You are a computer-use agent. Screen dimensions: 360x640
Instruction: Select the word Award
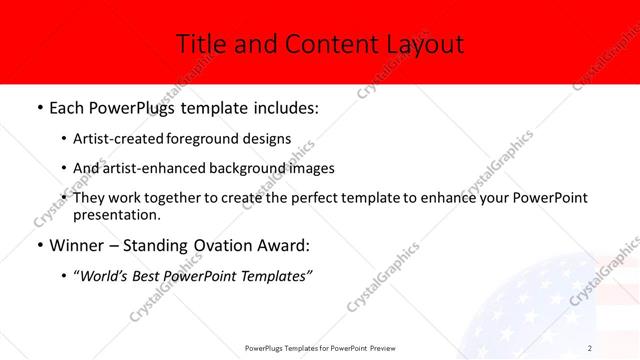coord(283,245)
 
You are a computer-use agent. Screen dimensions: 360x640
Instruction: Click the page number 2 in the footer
coord(590,347)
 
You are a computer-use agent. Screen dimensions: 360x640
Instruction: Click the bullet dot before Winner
coord(38,246)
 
